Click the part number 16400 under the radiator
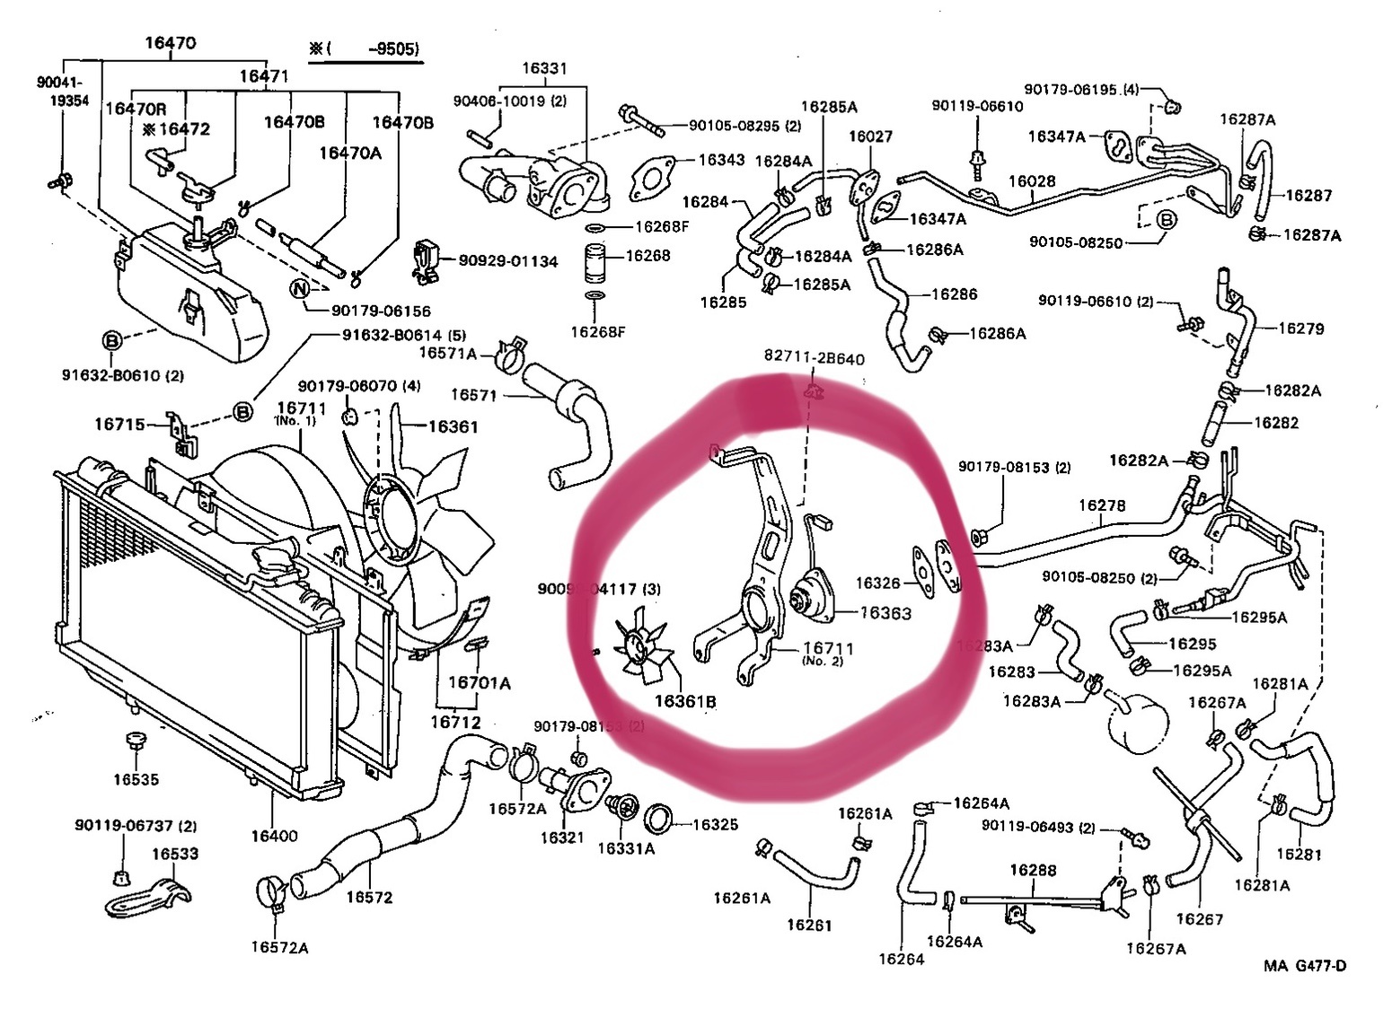point(274,836)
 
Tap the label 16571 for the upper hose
point(473,395)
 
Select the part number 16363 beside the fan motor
point(885,613)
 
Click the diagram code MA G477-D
point(1305,966)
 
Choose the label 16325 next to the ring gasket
point(715,824)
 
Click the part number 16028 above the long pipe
point(1032,181)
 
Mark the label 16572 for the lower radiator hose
point(369,897)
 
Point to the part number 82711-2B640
point(814,358)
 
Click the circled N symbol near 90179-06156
point(300,288)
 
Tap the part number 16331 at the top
point(544,68)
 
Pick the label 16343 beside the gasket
point(721,160)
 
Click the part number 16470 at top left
point(170,42)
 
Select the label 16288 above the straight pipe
point(1033,870)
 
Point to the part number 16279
point(1300,329)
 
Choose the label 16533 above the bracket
point(174,854)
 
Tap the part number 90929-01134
point(507,261)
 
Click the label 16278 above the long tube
point(1102,505)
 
